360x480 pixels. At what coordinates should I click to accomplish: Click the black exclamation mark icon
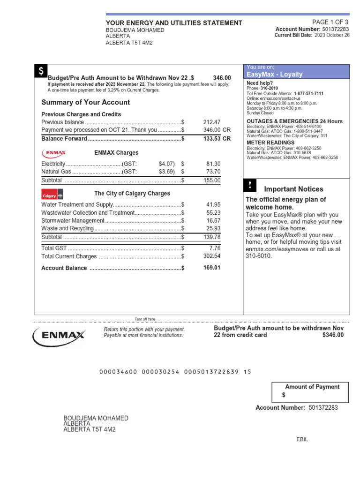pos(250,185)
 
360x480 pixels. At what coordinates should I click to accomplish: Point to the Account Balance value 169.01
pos(211,268)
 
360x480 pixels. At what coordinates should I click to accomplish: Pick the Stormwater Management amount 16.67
pos(213,220)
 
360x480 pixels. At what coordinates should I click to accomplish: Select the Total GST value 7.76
pos(215,247)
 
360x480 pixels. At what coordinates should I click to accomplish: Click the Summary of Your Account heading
pos(86,103)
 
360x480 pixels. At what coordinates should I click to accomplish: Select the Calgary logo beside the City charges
pos(52,194)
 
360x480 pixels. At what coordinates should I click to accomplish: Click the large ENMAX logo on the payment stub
pos(59,336)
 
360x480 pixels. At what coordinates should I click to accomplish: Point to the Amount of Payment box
pos(310,392)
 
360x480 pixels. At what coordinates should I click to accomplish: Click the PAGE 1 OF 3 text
pos(330,22)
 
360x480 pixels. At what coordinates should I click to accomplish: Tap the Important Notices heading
pos(293,189)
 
